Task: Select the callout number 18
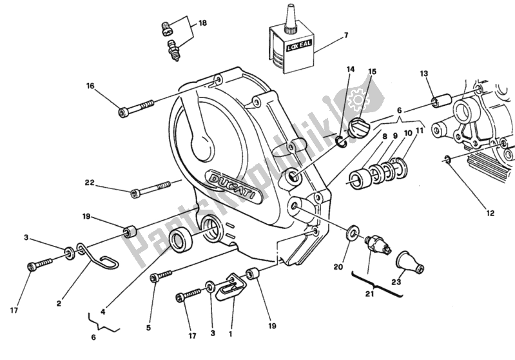[202, 23]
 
